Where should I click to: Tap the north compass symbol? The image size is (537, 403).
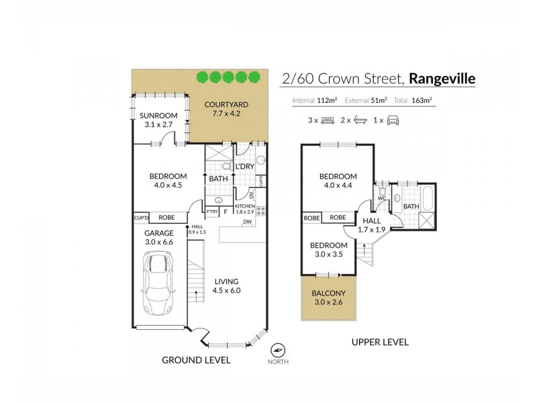pos(277,351)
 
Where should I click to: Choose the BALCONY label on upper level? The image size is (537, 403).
pos(329,293)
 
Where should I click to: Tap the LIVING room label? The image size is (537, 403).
pos(227,281)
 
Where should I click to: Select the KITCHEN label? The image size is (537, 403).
pos(245,206)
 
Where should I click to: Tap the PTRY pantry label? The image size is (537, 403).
pos(211,212)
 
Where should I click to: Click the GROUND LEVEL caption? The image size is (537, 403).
pos(196,360)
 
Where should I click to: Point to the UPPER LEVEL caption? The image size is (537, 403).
pos(380,342)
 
